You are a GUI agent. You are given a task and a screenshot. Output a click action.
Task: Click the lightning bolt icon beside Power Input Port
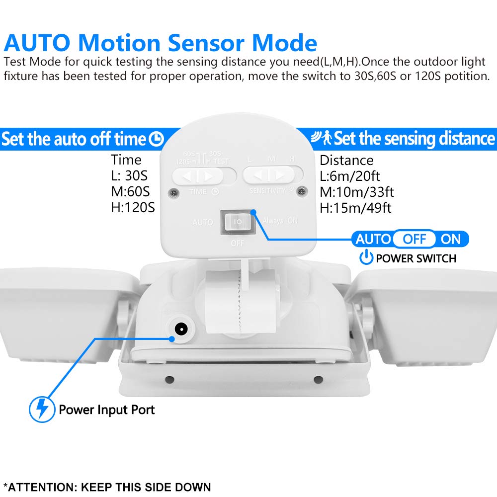42,409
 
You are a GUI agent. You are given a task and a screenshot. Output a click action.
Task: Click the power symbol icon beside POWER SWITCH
366,257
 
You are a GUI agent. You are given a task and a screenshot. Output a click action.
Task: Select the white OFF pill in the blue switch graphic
414,239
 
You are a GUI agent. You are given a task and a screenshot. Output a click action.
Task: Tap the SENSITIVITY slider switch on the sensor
272,175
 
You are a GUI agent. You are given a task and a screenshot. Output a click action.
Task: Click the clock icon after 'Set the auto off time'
157,139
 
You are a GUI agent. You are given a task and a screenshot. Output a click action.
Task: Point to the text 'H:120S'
133,207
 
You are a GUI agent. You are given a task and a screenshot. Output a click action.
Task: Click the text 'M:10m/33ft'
357,192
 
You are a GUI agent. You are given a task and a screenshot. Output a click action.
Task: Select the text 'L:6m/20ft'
351,176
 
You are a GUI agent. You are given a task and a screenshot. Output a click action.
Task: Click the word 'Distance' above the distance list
346,160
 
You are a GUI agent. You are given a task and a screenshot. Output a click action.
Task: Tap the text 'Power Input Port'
107,410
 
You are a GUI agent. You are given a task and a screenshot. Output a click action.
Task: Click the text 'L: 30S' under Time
129,175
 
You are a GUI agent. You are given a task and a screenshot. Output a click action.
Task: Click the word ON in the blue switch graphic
451,239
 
